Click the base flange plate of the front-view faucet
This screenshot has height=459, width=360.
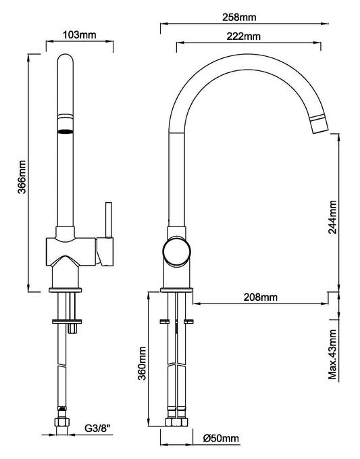[67, 289]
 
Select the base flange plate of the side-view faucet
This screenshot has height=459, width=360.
[177, 289]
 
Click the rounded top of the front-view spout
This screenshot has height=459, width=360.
[65, 61]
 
